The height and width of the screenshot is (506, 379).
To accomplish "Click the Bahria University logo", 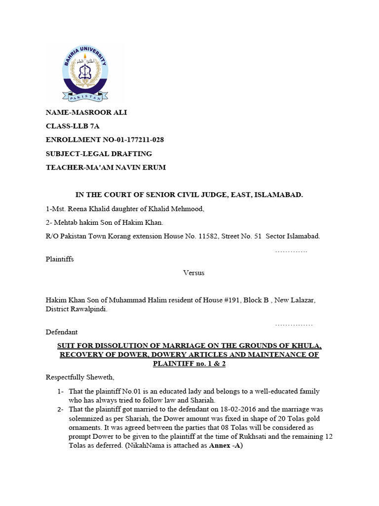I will (84, 73).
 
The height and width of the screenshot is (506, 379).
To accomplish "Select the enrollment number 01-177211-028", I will (133, 140).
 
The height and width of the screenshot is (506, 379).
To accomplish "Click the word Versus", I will (193, 272).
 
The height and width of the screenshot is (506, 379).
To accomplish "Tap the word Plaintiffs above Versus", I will (60, 259).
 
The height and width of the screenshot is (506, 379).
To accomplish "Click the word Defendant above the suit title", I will (62, 332).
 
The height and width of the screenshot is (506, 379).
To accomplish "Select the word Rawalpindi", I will (90, 309).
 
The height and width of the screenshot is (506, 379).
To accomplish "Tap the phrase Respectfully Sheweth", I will (80, 378).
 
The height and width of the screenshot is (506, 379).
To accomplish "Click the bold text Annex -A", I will (226, 445).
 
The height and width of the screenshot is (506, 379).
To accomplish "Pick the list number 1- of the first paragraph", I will (60, 391).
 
